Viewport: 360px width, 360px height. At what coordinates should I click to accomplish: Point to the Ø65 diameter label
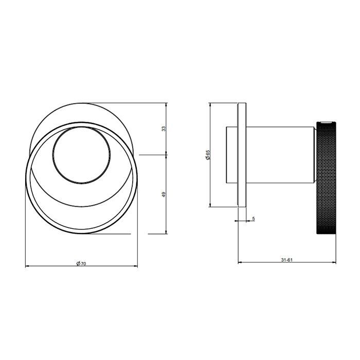click(x=207, y=155)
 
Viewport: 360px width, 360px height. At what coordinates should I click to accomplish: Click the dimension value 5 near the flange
click(x=254, y=219)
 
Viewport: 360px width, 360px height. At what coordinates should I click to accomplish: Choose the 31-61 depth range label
click(x=287, y=260)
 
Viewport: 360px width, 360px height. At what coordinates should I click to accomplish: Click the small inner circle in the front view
click(x=81, y=155)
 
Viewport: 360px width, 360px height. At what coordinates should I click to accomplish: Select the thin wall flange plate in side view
click(x=242, y=155)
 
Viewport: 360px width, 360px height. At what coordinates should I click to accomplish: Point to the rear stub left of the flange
click(x=231, y=154)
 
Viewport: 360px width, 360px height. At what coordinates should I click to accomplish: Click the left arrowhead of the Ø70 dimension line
click(x=27, y=266)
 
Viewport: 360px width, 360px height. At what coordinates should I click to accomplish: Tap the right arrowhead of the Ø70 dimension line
click(x=136, y=266)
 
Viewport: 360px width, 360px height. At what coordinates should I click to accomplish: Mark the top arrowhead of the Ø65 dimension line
click(x=211, y=105)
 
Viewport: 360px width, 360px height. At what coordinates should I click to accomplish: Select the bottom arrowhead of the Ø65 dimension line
click(x=211, y=205)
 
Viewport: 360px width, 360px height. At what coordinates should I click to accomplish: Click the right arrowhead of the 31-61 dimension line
click(x=334, y=263)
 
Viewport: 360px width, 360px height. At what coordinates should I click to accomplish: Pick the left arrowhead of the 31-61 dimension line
click(x=240, y=263)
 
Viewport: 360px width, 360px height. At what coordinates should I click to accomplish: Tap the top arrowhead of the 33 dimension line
click(x=167, y=105)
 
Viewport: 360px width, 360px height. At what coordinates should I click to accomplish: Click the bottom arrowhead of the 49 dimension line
click(x=167, y=231)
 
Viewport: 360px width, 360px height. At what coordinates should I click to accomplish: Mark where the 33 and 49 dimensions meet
click(x=167, y=154)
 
